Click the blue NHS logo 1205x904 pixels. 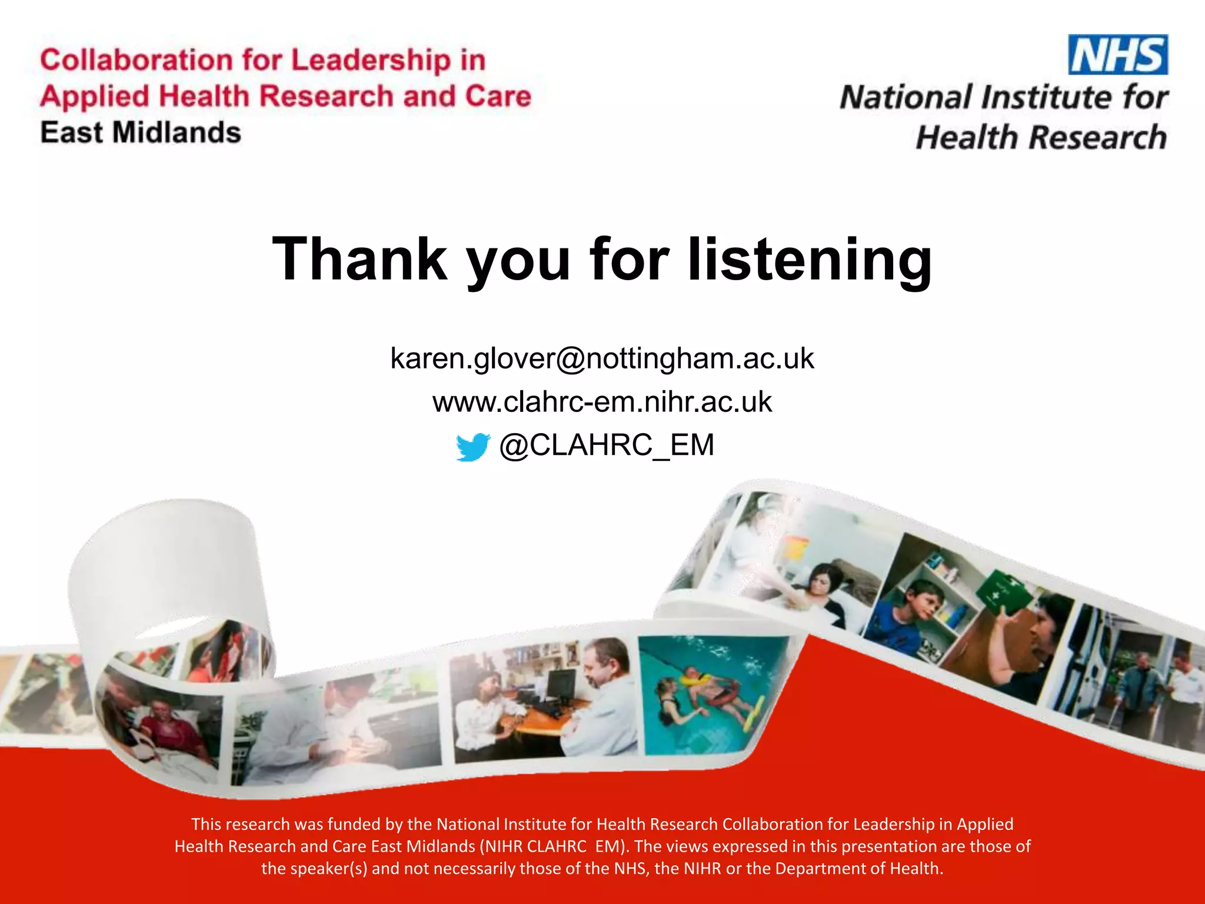point(1118,55)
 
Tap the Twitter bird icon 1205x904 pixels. point(472,447)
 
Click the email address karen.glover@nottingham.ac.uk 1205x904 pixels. point(602,358)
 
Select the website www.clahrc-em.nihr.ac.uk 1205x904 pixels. point(602,402)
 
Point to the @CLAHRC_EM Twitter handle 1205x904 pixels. point(607,445)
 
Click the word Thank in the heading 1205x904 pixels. point(359,260)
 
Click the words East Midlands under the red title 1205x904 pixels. point(141,132)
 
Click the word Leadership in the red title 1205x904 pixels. point(371,61)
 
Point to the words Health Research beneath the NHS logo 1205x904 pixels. point(1041,138)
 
